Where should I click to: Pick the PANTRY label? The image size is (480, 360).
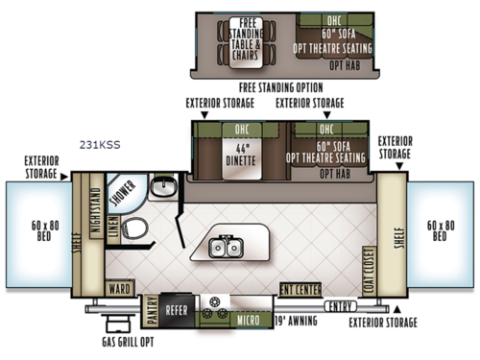[152, 309]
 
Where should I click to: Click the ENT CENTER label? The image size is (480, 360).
[300, 289]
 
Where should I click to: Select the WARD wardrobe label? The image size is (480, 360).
[119, 288]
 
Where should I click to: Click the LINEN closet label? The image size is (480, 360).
[115, 227]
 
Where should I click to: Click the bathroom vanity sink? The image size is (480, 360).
[165, 185]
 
